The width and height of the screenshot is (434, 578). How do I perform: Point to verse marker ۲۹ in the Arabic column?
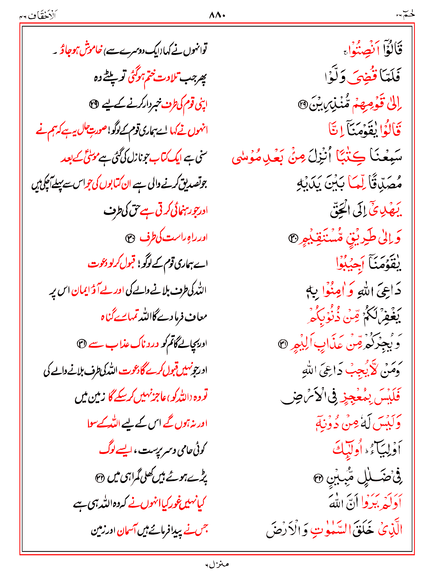tap(303, 105)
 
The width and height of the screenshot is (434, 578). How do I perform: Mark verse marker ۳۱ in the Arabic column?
tap(283, 344)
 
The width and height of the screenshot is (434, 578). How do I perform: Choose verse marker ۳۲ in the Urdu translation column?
tap(99, 478)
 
